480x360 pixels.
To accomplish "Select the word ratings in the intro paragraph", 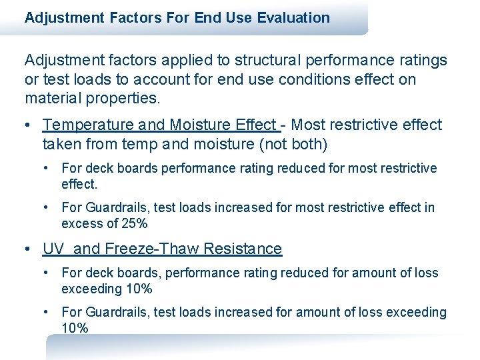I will pyautogui.click(x=422, y=61).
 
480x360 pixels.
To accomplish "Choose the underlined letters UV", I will pyautogui.click(x=53, y=249).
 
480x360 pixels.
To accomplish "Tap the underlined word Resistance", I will pyautogui.click(x=243, y=249).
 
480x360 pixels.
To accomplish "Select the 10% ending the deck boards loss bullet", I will pyautogui.click(x=139, y=289).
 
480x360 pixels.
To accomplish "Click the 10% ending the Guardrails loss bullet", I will pyautogui.click(x=75, y=328).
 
